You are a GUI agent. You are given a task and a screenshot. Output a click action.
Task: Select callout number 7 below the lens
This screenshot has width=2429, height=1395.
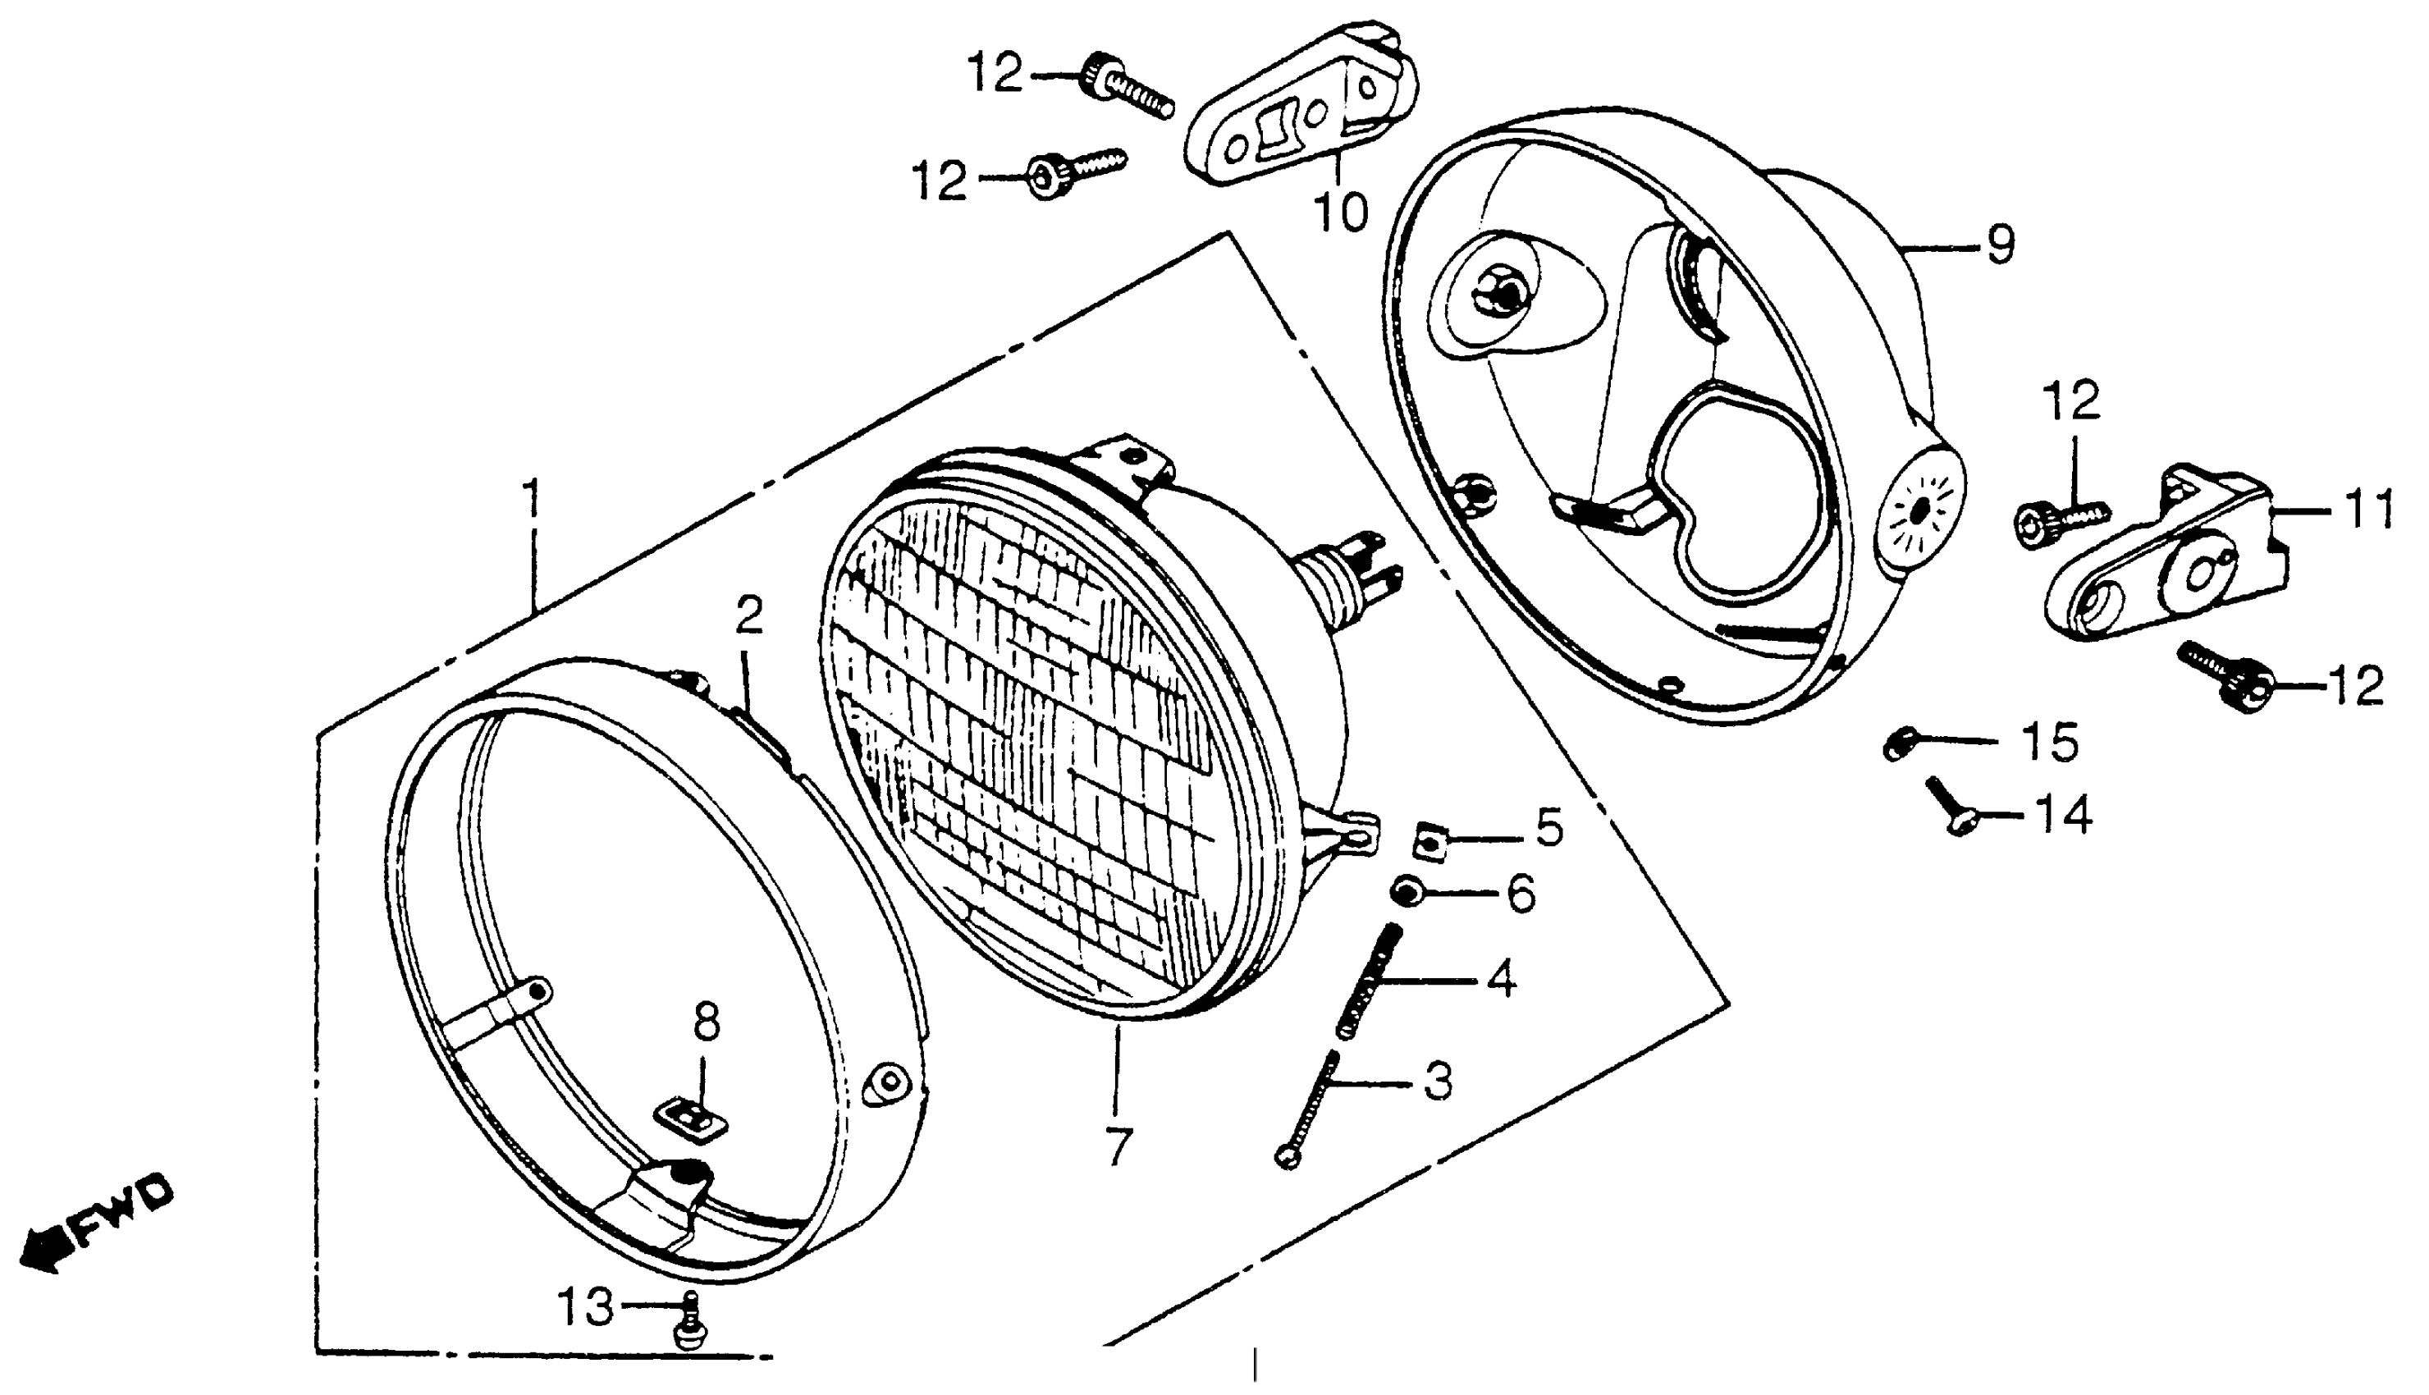[x=1118, y=1145]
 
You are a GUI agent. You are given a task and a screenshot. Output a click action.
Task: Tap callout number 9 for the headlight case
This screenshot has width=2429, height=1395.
[x=2000, y=245]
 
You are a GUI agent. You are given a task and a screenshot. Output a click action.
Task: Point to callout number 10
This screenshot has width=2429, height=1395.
[x=1342, y=213]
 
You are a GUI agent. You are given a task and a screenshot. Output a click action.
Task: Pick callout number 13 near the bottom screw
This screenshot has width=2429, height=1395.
[x=586, y=1307]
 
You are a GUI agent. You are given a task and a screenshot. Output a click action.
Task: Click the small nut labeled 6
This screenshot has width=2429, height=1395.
[x=1404, y=893]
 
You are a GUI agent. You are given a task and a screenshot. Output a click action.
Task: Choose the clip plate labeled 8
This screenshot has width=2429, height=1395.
[x=688, y=1119]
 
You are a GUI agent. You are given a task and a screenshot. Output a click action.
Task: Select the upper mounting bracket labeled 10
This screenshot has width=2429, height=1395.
[x=1302, y=105]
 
